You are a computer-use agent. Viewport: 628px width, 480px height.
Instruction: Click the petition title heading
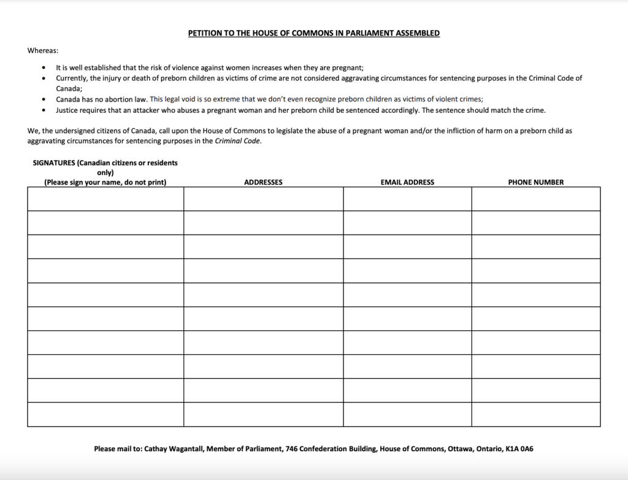(313, 33)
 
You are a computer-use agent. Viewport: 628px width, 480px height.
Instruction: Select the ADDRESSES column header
(263, 182)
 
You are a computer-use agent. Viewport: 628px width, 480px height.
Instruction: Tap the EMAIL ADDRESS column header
(407, 182)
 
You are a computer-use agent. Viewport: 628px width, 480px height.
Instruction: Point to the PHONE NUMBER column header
(535, 182)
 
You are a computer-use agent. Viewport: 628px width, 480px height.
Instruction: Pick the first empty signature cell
(105, 199)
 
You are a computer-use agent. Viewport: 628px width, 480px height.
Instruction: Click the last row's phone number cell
(535, 414)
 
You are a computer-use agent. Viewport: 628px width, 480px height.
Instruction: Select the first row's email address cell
(407, 199)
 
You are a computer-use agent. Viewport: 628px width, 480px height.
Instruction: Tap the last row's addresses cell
(263, 414)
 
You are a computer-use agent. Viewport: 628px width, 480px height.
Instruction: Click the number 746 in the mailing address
(293, 449)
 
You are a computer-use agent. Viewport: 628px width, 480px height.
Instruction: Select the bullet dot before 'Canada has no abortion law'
(43, 99)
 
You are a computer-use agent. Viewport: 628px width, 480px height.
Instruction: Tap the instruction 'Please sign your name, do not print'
(105, 182)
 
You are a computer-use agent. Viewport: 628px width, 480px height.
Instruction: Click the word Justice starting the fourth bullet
(67, 110)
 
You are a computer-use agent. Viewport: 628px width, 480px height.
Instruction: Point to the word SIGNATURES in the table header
(54, 163)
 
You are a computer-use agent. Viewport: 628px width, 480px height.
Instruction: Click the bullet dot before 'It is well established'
(43, 68)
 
